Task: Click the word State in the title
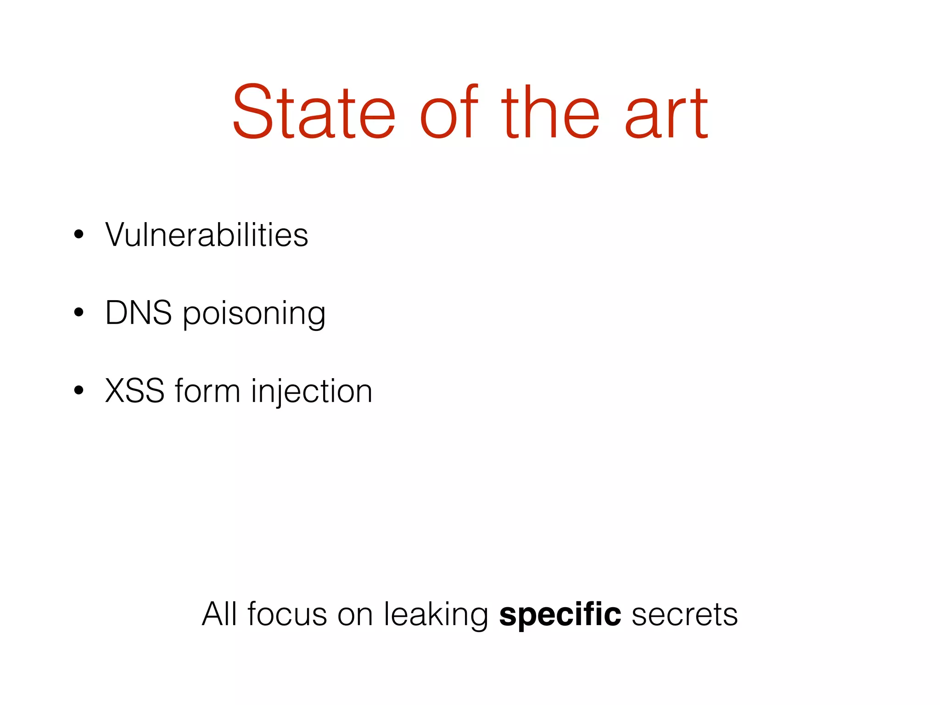pos(313,112)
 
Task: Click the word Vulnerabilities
pos(207,235)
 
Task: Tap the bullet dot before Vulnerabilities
pos(79,235)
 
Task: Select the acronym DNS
pos(139,313)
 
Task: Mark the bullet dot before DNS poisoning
pos(79,313)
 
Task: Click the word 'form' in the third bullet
pos(207,391)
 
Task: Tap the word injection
pos(312,393)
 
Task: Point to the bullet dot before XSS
pos(79,391)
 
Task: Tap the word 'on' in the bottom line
pos(355,615)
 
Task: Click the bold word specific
pos(560,615)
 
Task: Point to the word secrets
pos(684,615)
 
